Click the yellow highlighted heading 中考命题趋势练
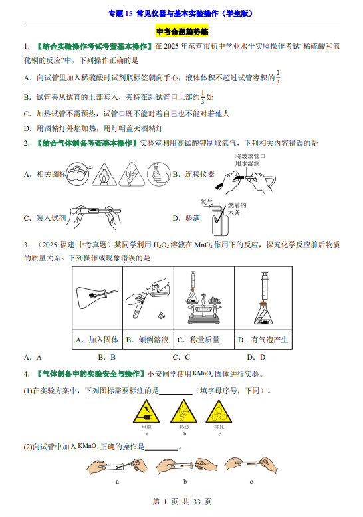pos(181,32)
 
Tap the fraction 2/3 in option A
pos(278,78)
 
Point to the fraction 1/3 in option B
pos(203,97)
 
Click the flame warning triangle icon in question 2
pos(104,174)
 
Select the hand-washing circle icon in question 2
pos(158,173)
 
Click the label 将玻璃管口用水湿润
pos(250,160)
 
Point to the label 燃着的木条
pos(237,209)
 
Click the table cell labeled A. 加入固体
pos(97,340)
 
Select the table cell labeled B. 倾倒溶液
pos(148,340)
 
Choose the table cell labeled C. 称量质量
pos(204,340)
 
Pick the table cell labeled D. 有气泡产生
pos(263,340)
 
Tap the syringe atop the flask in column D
pos(264,286)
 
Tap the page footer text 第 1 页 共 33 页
pos(181,502)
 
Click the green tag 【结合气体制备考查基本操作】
pos(86,143)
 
